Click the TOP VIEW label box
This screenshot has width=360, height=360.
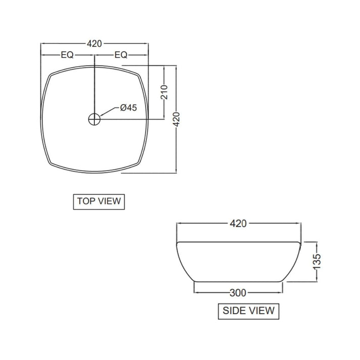point(99,201)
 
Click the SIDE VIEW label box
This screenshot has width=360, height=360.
point(248,311)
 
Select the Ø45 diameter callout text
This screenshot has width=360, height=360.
point(128,108)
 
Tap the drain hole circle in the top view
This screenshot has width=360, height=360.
point(94,120)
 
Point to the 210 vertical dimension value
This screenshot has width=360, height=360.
point(164,92)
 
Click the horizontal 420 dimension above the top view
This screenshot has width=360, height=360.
point(94,44)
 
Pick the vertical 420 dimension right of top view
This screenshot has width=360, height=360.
point(176,119)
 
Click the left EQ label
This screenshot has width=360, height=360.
point(67,55)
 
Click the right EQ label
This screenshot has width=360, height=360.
point(121,55)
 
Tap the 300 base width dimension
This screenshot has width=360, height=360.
point(238,292)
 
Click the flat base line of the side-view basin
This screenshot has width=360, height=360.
point(238,281)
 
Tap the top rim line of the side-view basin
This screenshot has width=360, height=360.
point(238,242)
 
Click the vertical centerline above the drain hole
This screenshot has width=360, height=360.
point(94,86)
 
